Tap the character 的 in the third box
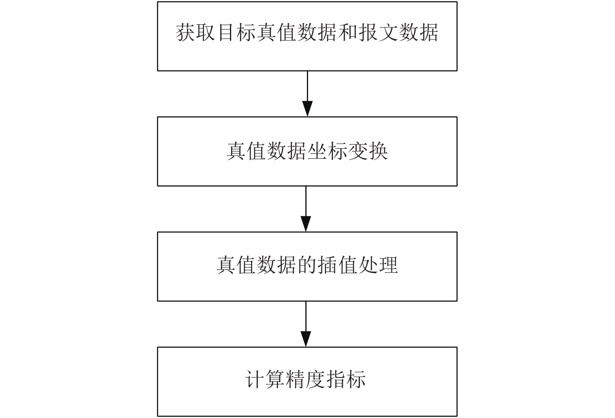[x=308, y=265]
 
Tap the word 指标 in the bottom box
[x=346, y=380]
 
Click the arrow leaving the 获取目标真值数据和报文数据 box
[x=308, y=94]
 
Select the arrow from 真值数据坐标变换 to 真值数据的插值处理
[x=306, y=209]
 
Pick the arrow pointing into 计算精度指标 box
[x=306, y=324]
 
